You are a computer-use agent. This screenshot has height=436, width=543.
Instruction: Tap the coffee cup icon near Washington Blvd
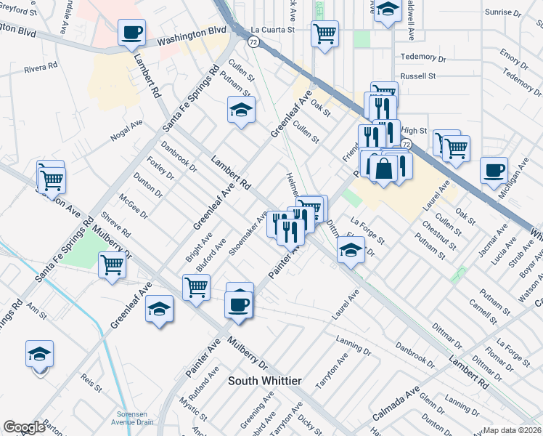point(132,32)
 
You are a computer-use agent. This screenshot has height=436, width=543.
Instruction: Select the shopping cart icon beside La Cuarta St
point(324,32)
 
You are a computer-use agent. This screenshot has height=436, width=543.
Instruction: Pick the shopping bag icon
point(383,167)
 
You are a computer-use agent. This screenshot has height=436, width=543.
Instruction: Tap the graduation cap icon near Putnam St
point(241,110)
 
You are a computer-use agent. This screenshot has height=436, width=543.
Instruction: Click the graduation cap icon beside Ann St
point(39,354)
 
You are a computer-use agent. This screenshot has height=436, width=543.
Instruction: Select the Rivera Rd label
point(41,69)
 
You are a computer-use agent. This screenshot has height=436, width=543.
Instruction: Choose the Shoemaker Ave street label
point(248,233)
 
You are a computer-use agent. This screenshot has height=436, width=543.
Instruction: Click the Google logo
point(24,427)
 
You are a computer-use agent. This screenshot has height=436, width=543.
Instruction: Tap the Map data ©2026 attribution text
point(512,430)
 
